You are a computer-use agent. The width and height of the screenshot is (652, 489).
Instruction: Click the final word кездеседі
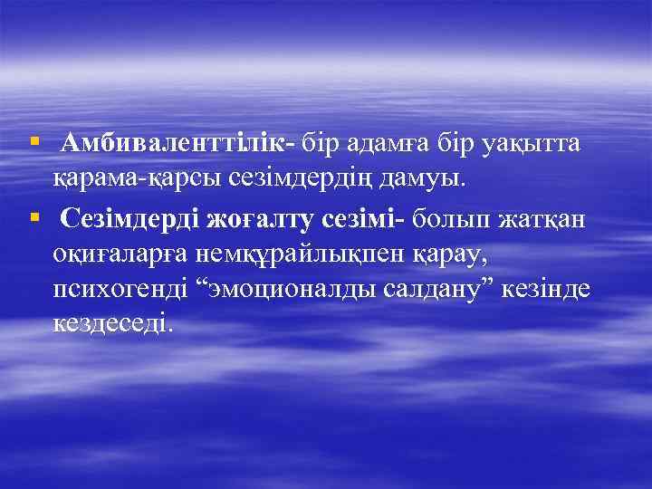tap(110, 324)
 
